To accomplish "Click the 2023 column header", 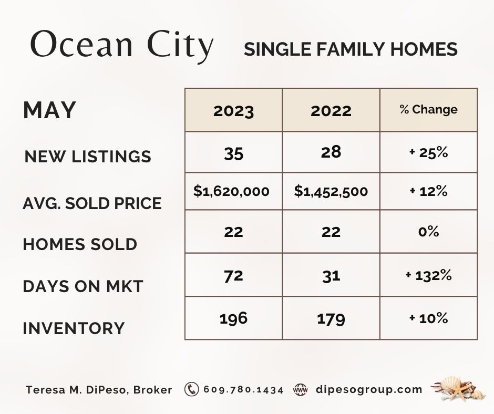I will tap(233, 111).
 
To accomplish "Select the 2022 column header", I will tap(331, 111).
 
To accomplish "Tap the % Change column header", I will tap(428, 110).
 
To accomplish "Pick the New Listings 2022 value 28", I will tap(331, 152).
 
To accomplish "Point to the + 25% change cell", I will tap(428, 153).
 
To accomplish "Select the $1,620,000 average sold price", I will tap(231, 191).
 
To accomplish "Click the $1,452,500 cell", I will tap(331, 191).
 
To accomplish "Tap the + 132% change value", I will tap(428, 275).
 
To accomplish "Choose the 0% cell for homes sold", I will tap(428, 232).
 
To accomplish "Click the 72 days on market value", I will tap(233, 275).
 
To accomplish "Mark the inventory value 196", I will tap(233, 318).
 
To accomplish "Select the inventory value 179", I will tap(331, 318).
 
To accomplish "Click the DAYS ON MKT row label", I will tap(83, 286).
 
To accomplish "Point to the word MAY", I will tap(50, 110).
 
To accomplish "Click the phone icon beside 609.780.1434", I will tap(192, 390).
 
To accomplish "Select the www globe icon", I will tap(300, 390).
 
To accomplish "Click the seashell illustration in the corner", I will tap(456, 389).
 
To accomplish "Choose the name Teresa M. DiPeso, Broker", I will tap(99, 390).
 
